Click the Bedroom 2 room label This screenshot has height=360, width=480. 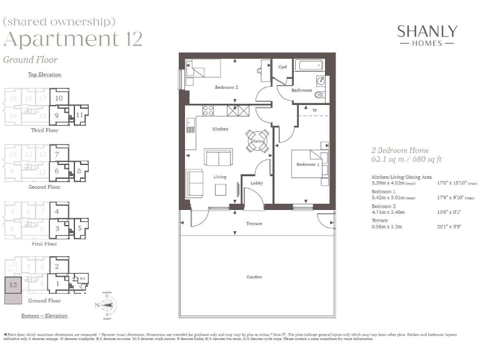click(x=226, y=87)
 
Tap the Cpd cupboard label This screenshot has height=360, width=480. click(x=282, y=67)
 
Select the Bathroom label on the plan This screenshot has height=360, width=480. click(x=302, y=91)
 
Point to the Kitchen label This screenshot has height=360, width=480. click(x=220, y=129)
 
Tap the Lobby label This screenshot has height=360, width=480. click(x=256, y=183)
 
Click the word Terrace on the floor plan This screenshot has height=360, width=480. click(x=254, y=223)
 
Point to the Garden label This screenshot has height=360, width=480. click(x=254, y=276)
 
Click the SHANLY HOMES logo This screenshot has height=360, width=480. click(x=427, y=36)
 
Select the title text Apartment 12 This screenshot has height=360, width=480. click(x=73, y=39)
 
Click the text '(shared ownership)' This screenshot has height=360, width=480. click(x=59, y=21)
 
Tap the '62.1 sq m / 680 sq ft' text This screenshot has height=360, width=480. click(x=406, y=160)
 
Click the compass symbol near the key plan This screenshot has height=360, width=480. click(x=107, y=306)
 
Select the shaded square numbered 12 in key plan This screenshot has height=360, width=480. click(x=14, y=284)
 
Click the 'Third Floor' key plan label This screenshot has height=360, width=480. click(x=45, y=131)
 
